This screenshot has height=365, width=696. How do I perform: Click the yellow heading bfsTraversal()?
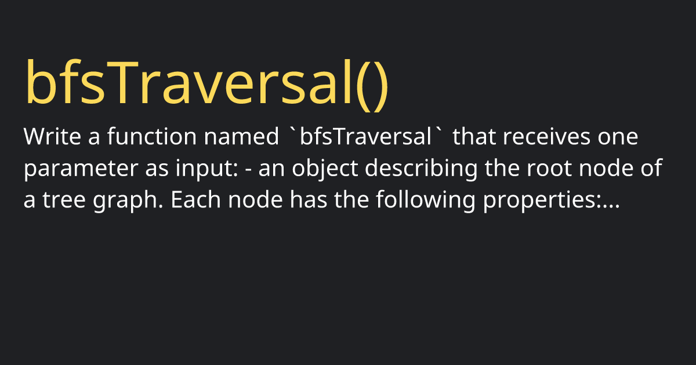pos(206,85)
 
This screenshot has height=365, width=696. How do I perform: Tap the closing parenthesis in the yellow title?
pos(381,85)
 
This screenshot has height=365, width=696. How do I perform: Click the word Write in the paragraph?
pos(52,136)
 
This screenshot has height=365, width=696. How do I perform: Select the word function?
pos(152,136)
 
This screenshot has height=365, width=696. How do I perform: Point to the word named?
pos(241,136)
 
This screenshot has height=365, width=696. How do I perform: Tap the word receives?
pos(546,136)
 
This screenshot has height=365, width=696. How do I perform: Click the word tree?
pos(64,200)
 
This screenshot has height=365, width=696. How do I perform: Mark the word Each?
pos(196,199)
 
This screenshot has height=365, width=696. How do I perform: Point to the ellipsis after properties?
pos(611,206)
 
